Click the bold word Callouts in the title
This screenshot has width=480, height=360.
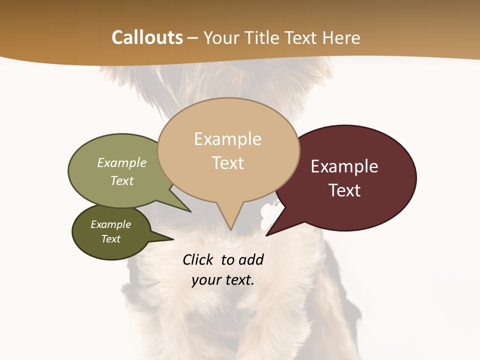pyautogui.click(x=147, y=37)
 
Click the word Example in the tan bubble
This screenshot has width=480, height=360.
pyautogui.click(x=227, y=139)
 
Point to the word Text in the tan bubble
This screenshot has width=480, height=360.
pyautogui.click(x=227, y=163)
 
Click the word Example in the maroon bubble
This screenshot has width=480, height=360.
pyautogui.click(x=344, y=166)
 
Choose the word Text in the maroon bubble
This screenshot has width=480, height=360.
pyautogui.click(x=344, y=190)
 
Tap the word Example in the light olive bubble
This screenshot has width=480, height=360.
pyautogui.click(x=122, y=162)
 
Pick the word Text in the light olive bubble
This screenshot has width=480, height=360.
pyautogui.click(x=122, y=180)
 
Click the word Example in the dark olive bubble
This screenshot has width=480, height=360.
pyautogui.click(x=110, y=224)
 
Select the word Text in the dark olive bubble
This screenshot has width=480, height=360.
pyautogui.click(x=110, y=239)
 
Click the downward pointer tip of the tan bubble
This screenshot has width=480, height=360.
pyautogui.click(x=230, y=230)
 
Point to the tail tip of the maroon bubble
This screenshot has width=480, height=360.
pyautogui.click(x=266, y=235)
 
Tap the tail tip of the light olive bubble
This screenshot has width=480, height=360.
pyautogui.click(x=191, y=212)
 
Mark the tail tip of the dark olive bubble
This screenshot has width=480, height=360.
pyautogui.click(x=173, y=239)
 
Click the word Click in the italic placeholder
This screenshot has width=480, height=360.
pyautogui.click(x=198, y=259)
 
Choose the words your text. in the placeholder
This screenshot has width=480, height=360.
pyautogui.click(x=223, y=280)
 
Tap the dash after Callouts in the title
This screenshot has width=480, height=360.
pyautogui.click(x=193, y=38)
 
